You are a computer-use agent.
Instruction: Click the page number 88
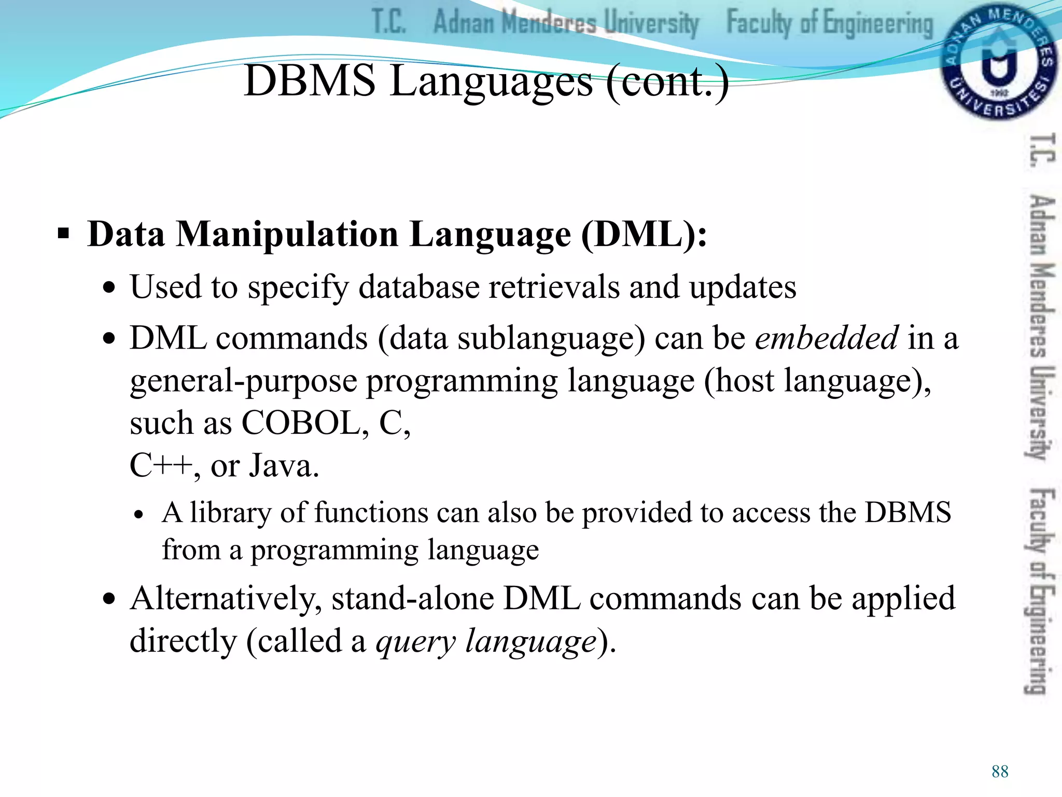[1000, 772]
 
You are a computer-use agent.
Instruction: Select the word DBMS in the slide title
[310, 81]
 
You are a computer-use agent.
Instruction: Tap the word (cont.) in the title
[667, 82]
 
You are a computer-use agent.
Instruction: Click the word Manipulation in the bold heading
[288, 235]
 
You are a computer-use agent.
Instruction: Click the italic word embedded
[827, 338]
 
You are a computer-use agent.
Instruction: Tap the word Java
[284, 465]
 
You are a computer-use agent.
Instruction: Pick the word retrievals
[554, 287]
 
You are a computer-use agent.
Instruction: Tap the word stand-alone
[413, 599]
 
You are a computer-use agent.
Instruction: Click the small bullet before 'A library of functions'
[138, 515]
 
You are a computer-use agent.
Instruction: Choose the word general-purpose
[243, 381]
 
